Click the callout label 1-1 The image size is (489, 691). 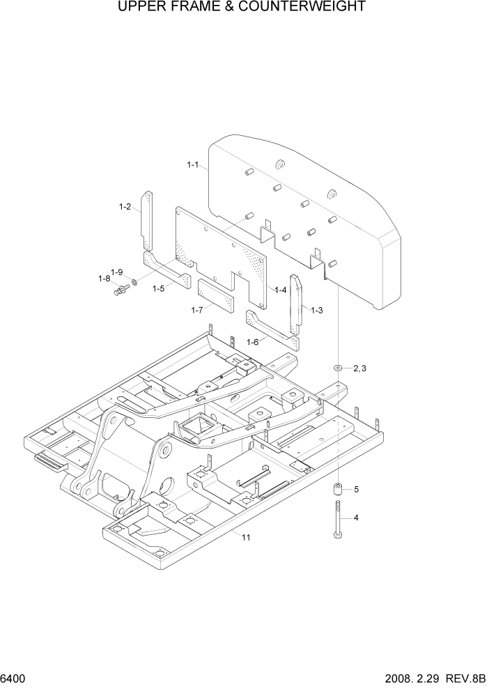tap(193, 165)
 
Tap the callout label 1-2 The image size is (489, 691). tap(125, 206)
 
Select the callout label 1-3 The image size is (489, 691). tap(316, 310)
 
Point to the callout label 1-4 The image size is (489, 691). tap(281, 290)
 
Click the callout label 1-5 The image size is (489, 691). tap(158, 288)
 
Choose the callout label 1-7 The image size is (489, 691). tap(197, 309)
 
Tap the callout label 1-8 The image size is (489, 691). tap(104, 279)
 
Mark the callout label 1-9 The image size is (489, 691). tap(117, 272)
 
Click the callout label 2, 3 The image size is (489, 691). tap(359, 368)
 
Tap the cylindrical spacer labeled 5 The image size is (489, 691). tap(338, 490)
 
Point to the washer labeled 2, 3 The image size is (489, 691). tap(338, 367)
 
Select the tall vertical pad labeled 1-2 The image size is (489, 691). tap(148, 220)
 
